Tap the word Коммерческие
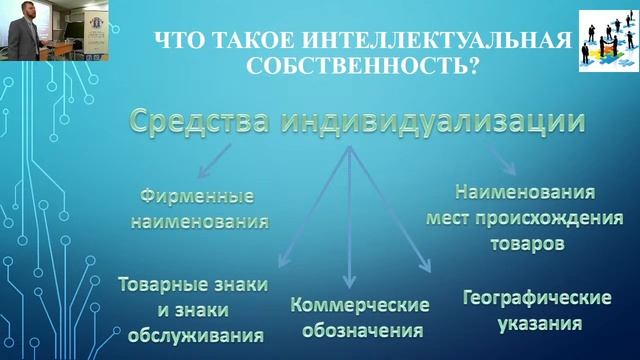coord(360,304)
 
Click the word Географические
coord(536,299)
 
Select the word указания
coord(536,324)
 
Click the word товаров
coord(524,241)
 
